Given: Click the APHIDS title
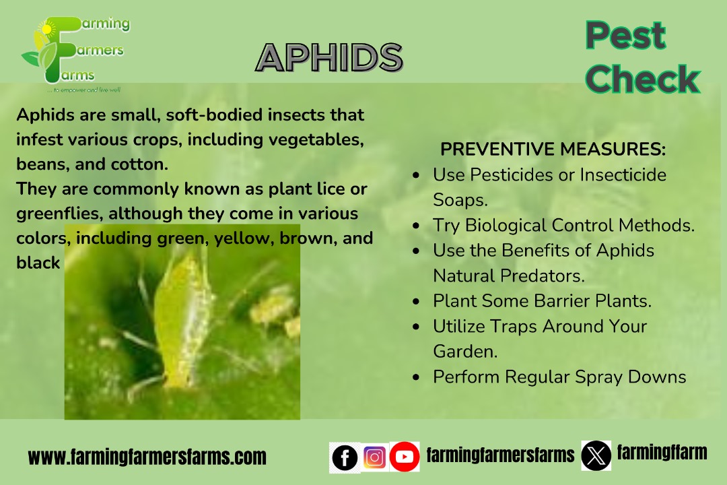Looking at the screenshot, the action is pyautogui.click(x=329, y=58).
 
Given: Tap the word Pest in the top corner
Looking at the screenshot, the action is pyautogui.click(x=625, y=35).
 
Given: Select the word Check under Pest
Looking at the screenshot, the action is pyautogui.click(x=643, y=78).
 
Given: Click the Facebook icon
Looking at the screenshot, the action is pyautogui.click(x=345, y=457).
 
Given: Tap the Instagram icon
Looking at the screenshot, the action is pyautogui.click(x=375, y=457).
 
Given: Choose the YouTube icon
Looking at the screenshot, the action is pyautogui.click(x=405, y=457).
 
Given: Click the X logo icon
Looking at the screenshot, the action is pyautogui.click(x=596, y=456).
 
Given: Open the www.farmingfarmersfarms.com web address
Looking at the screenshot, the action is pyautogui.click(x=147, y=457).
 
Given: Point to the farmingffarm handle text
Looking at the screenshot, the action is pyautogui.click(x=662, y=452).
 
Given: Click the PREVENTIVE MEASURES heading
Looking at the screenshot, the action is pyautogui.click(x=553, y=150).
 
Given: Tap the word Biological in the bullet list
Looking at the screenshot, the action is pyautogui.click(x=506, y=226).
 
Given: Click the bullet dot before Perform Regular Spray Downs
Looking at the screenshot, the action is pyautogui.click(x=416, y=377).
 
